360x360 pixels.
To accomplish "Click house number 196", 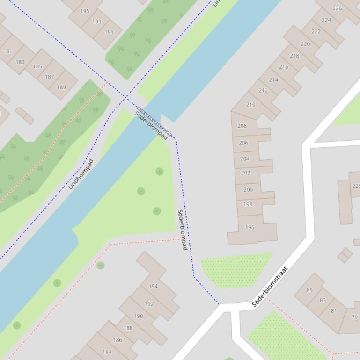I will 250,227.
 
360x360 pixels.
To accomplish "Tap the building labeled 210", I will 250,105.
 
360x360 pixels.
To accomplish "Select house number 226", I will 337,8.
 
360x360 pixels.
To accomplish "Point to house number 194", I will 153,286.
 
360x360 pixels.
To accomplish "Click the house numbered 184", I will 107,352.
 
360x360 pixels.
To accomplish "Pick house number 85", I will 309,290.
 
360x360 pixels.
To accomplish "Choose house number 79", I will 354,317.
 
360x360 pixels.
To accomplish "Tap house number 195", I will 85,11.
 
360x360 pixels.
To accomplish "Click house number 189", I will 61,87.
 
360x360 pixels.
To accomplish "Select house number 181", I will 8,51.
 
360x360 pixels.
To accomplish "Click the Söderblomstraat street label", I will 270,287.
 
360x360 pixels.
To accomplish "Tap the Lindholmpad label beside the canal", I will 81,174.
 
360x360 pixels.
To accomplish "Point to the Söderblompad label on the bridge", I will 151,126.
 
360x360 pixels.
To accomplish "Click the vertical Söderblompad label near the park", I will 182,230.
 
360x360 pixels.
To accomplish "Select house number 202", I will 245,173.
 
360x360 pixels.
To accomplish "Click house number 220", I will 305,44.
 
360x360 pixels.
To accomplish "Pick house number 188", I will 128,328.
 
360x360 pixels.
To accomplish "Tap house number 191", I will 109,32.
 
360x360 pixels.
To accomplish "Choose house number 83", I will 323,300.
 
